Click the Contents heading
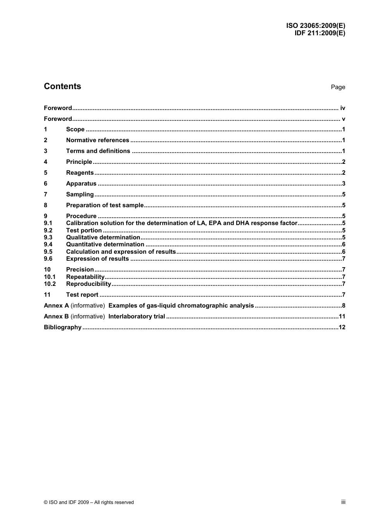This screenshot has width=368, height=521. point(62,86)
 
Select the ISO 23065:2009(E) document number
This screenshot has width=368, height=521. point(316,26)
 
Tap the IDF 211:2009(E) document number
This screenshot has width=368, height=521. point(320,33)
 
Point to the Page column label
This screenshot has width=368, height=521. point(338,87)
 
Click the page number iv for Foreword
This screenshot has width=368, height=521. point(342,108)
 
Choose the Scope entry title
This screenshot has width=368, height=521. point(75,129)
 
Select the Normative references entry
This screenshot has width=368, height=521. point(98,140)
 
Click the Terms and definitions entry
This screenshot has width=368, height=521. point(98,151)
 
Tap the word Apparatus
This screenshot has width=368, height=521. point(81,184)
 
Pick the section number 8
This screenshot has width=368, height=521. point(46,205)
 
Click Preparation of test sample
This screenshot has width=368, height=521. point(105,205)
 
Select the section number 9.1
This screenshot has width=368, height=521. point(48,223)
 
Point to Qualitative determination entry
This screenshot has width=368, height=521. point(103,237)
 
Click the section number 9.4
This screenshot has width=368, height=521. point(48,244)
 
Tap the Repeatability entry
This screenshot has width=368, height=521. point(85,277)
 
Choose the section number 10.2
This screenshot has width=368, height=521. point(50,284)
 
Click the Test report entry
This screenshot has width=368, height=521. point(82,295)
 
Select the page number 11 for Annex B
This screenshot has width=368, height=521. point(342,316)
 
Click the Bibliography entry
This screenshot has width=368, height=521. point(63,327)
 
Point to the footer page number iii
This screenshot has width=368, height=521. point(343,502)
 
